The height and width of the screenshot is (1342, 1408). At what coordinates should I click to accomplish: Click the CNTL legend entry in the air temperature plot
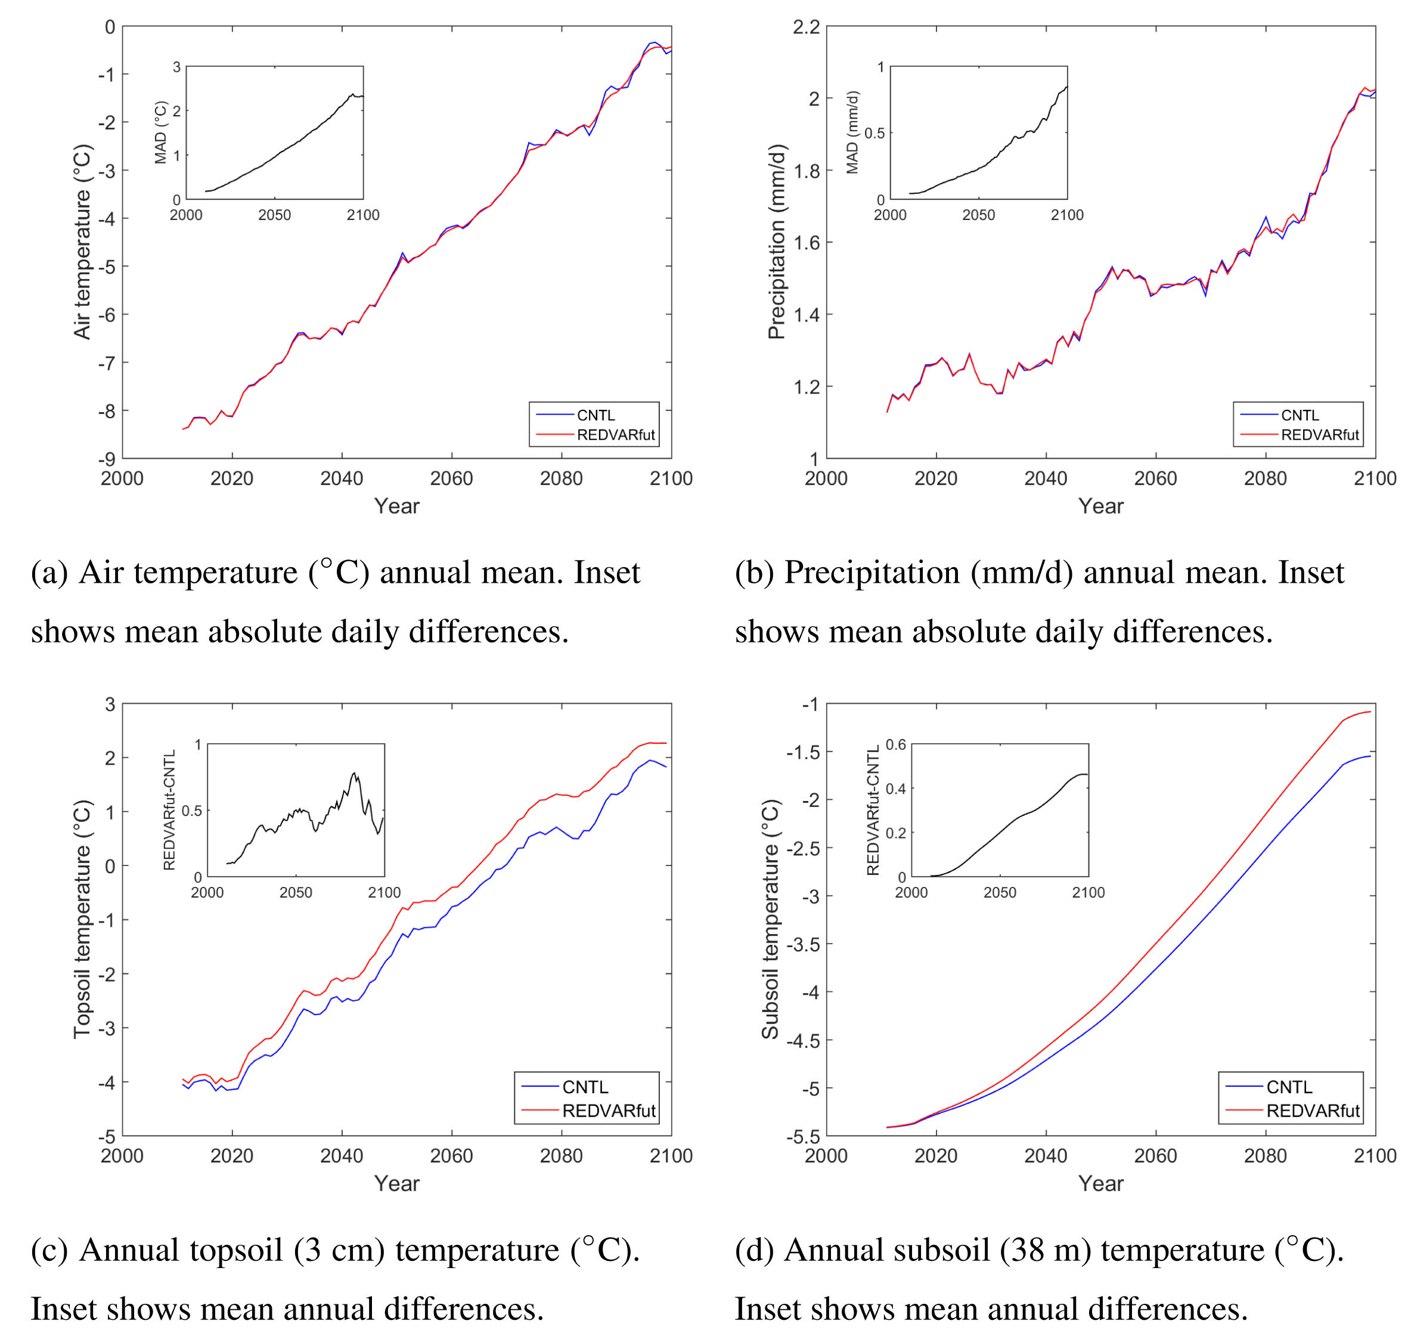point(595,416)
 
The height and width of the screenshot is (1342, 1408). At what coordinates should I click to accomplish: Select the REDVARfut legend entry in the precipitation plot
point(1319,435)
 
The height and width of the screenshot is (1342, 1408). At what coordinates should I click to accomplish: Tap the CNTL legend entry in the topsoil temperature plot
point(585,1087)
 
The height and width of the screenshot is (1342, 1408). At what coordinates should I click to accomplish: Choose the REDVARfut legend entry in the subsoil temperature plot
point(1312,1111)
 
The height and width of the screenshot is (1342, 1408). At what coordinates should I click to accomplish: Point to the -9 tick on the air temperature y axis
point(107,459)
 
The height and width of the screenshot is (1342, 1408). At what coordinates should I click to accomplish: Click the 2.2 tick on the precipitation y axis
point(806,27)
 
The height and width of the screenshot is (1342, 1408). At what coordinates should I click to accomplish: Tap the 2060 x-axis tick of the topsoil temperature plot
point(451,1156)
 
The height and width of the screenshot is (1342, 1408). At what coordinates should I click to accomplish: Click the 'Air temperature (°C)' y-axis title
point(83,242)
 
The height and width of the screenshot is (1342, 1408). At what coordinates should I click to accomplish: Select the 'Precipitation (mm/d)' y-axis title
point(777,242)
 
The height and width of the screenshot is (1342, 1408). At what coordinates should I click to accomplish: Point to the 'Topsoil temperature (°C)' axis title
point(83,919)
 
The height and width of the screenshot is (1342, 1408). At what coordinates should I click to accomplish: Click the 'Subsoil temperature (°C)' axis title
point(770,919)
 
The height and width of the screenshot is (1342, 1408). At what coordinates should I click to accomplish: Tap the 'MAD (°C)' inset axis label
point(161,132)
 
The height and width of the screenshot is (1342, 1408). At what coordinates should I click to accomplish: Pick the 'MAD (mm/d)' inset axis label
point(852,132)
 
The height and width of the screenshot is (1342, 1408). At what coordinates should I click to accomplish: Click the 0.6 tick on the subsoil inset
point(895,745)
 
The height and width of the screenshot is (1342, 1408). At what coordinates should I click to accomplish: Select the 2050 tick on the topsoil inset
point(295,893)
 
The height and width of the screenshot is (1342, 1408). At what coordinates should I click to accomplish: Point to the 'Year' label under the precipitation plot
point(1100,506)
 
